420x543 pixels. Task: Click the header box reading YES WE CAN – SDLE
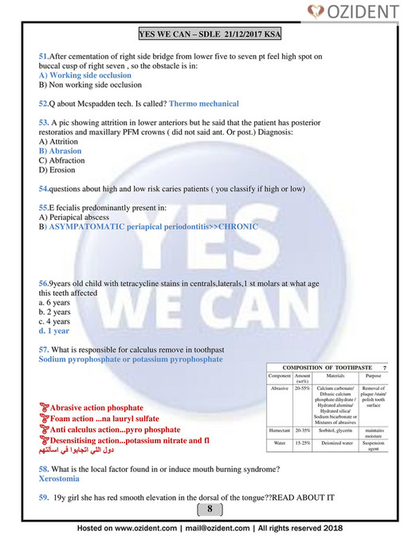210,36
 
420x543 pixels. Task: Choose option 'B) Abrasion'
60,150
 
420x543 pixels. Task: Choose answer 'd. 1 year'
53,330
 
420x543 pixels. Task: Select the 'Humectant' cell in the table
280,429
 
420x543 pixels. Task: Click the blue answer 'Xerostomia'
62,480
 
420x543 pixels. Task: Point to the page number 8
210,509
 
